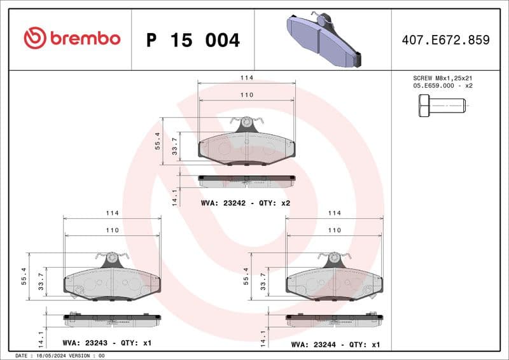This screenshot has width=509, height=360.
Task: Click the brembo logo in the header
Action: pyautogui.click(x=72, y=39)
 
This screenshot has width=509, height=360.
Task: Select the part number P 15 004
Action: pyautogui.click(x=193, y=40)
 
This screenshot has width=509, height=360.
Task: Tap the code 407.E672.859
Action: pyautogui.click(x=445, y=40)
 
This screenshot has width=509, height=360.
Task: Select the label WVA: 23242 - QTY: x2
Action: pyautogui.click(x=246, y=203)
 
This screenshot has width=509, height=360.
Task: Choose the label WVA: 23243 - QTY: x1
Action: pyautogui.click(x=107, y=343)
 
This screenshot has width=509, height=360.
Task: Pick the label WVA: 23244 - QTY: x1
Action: pyautogui.click(x=335, y=344)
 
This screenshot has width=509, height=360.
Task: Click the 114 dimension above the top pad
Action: pyautogui.click(x=247, y=78)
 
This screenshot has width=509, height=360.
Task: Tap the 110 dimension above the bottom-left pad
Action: pyautogui.click(x=112, y=230)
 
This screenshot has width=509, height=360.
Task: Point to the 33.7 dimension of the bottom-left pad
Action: pyautogui.click(x=41, y=281)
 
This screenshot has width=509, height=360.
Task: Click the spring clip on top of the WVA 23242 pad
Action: pyautogui.click(x=247, y=121)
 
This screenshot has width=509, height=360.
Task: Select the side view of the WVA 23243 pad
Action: pyautogui.click(x=112, y=317)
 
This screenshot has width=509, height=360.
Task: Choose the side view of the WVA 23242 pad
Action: pyautogui.click(x=247, y=180)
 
